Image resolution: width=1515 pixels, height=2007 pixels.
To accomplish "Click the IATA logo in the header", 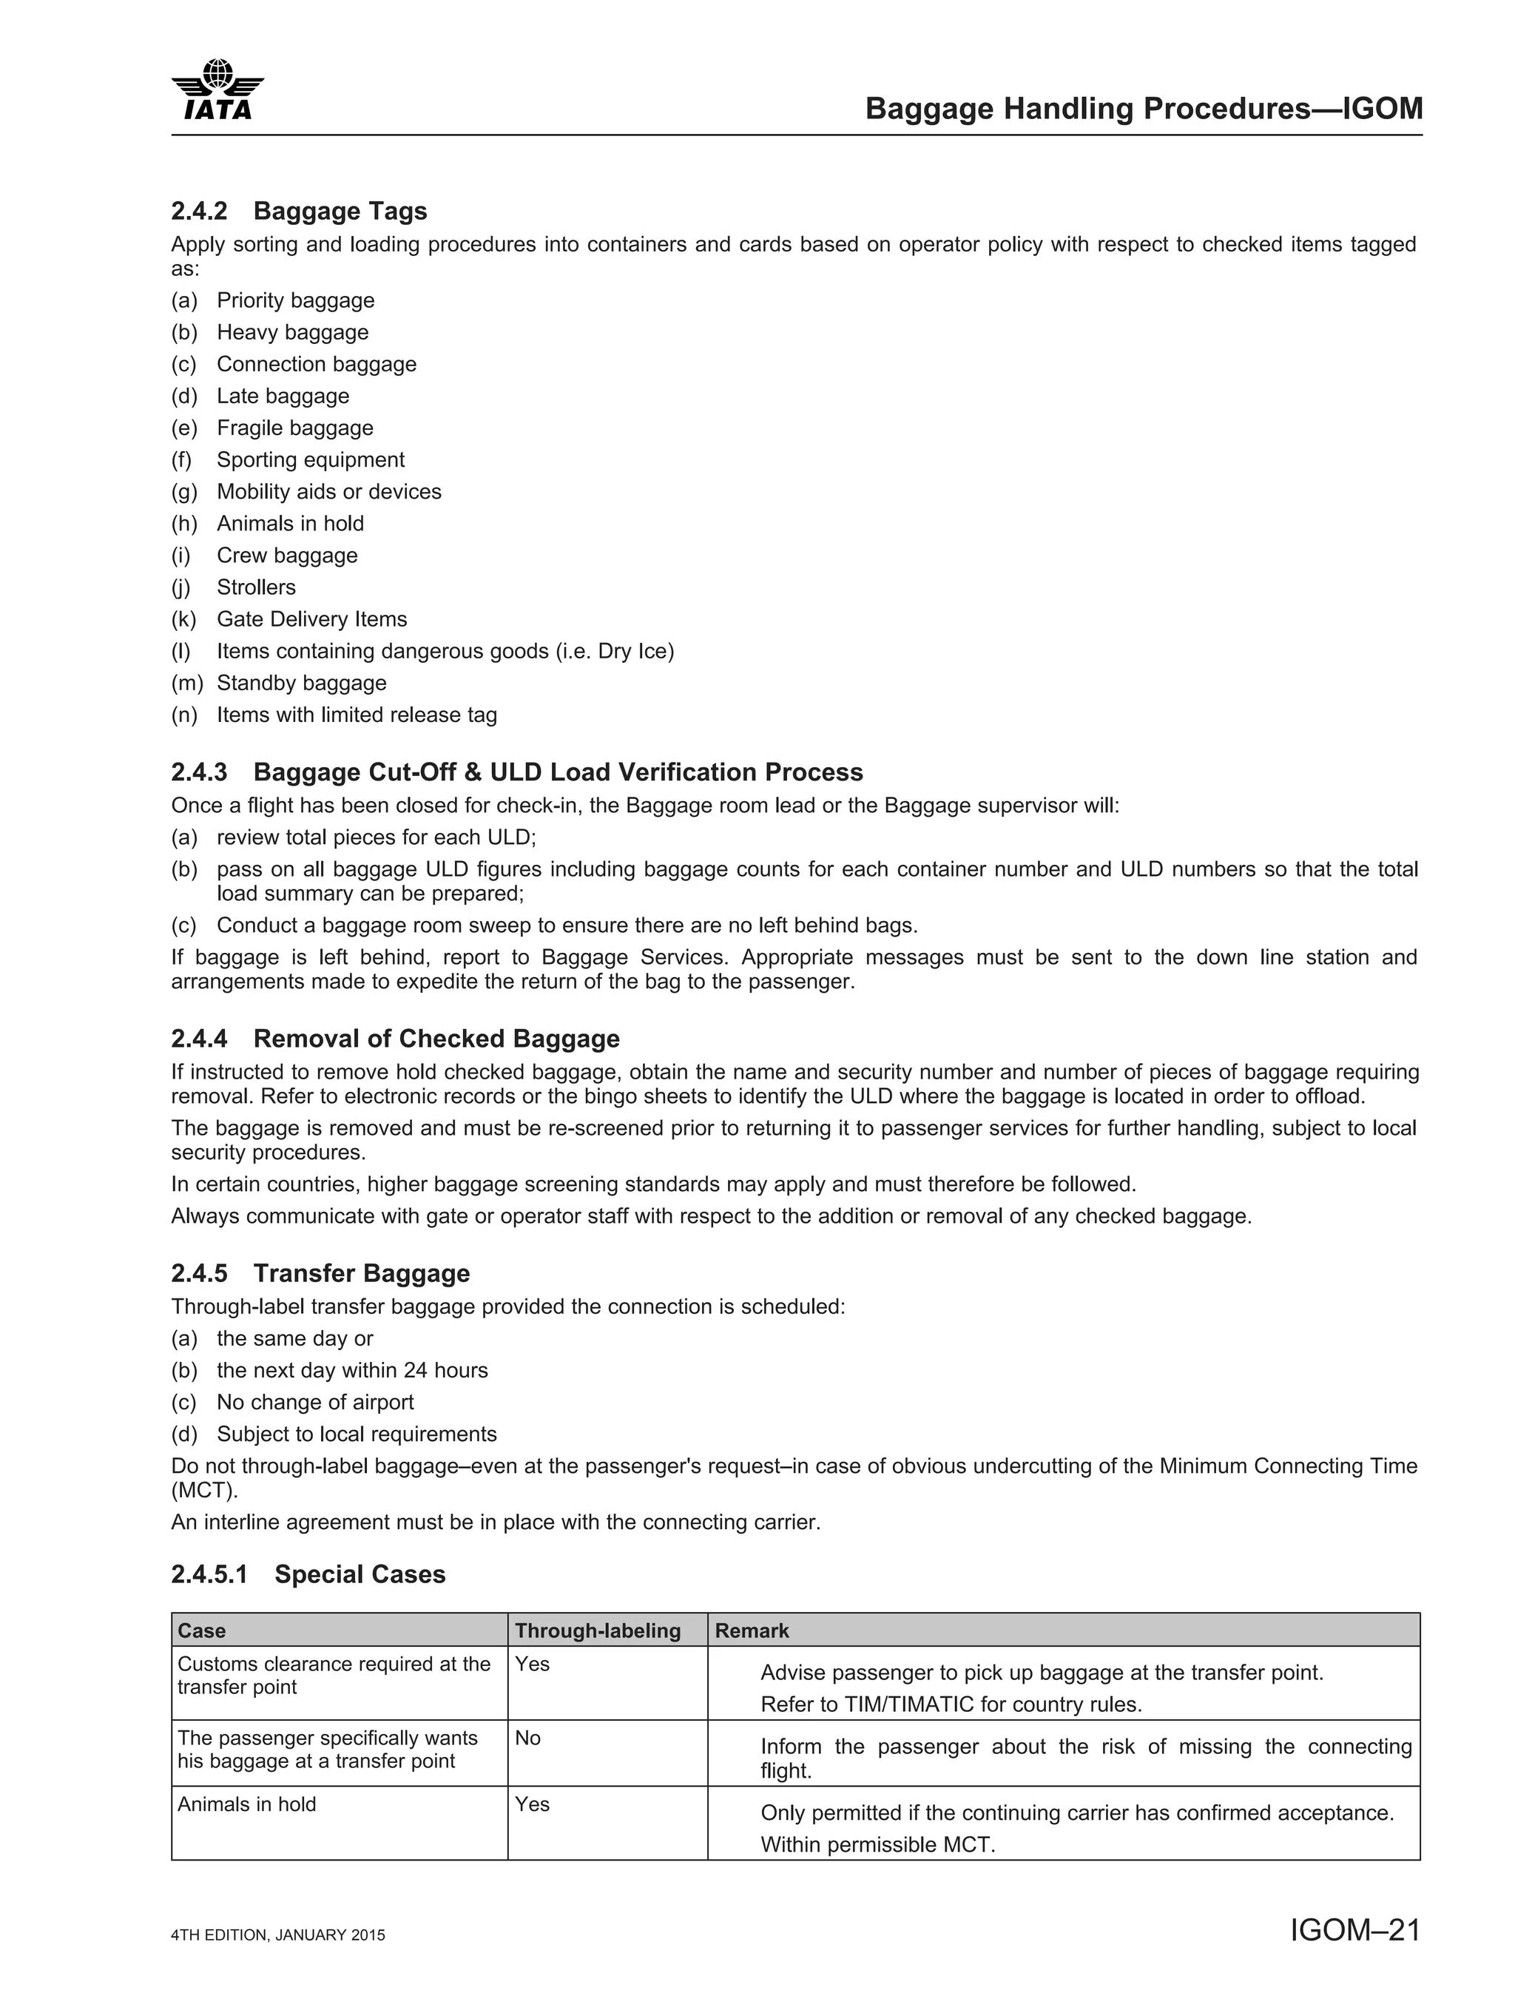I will point(217,89).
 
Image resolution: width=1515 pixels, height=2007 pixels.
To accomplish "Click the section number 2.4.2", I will point(199,212).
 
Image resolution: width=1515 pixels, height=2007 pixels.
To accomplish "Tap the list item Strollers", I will point(256,588).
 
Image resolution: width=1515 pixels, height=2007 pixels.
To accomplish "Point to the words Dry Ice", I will point(632,652).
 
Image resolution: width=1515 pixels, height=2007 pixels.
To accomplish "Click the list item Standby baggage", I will point(301,684).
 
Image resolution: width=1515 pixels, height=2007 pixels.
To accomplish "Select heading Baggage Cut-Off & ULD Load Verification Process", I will point(557,772).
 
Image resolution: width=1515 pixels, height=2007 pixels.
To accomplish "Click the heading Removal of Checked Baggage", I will point(436,1039).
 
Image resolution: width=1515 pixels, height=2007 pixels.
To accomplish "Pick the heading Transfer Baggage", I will point(361,1274).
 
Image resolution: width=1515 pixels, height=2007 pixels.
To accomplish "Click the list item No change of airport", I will point(315,1403).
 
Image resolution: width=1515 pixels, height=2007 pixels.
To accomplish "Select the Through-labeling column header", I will point(597,1630).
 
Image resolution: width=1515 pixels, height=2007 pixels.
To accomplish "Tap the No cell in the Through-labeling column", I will point(527,1738).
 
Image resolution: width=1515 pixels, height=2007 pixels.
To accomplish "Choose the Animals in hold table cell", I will point(247,1804).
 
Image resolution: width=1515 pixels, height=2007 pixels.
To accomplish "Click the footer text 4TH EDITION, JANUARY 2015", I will point(277,1935).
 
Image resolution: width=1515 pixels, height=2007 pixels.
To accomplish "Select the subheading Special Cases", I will point(360,1574).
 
